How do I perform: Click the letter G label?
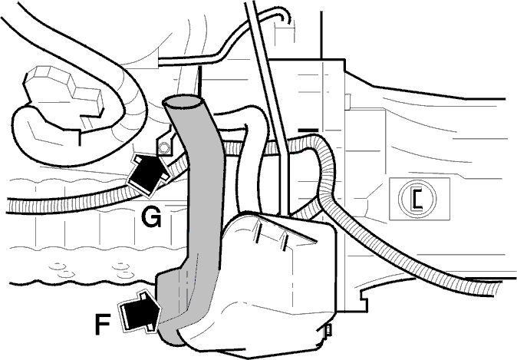pyautogui.click(x=151, y=216)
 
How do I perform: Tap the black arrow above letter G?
pyautogui.click(x=148, y=174)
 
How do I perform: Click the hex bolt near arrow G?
pyautogui.click(x=163, y=148)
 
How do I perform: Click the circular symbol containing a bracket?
pyautogui.click(x=417, y=198)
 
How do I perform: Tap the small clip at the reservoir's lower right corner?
pyautogui.click(x=328, y=331)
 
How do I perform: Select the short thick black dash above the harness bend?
pyautogui.click(x=308, y=130)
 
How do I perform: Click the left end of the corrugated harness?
pyautogui.click(x=8, y=206)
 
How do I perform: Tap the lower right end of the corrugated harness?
pyautogui.click(x=509, y=288)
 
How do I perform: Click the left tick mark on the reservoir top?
pyautogui.click(x=258, y=233)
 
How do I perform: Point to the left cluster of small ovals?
pyautogui.click(x=63, y=269)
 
